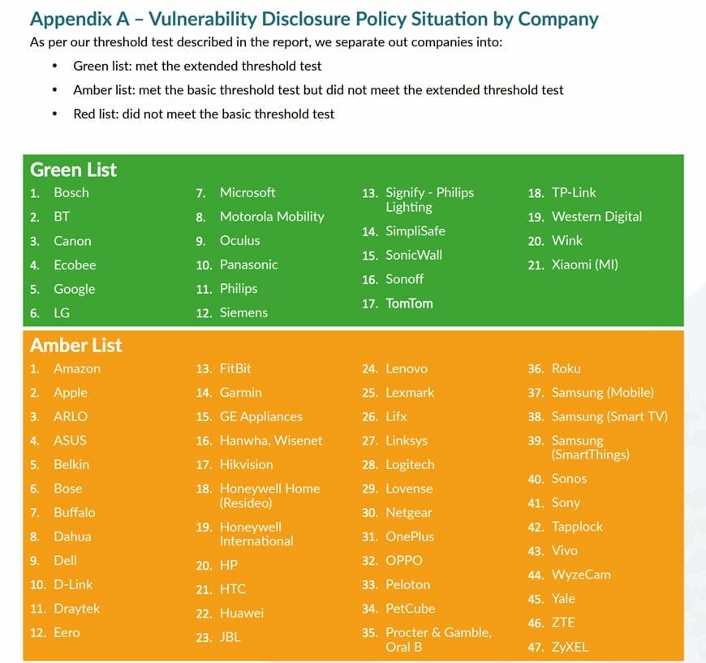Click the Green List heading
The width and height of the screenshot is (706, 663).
coord(73,170)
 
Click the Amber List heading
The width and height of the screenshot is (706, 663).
coord(76,345)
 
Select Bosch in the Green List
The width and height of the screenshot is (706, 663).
coord(71,192)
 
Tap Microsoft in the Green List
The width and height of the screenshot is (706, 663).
coord(248,192)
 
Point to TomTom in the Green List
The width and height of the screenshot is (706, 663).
coord(409,304)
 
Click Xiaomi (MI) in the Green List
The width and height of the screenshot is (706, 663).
coord(584,265)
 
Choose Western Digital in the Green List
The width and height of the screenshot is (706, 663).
coord(596,217)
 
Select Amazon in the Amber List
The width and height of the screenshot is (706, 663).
coord(77,368)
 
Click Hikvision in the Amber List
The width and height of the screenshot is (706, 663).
coord(246,464)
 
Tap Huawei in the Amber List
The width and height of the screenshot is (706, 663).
coord(242,613)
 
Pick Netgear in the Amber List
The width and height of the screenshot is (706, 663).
coord(409,513)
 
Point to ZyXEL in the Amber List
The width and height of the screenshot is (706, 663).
coord(570,647)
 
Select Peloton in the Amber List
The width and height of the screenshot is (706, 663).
coord(408,584)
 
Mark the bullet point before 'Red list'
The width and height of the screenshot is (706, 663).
coord(54,114)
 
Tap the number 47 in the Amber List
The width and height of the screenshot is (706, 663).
coord(536,647)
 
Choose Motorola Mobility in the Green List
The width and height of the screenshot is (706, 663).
coord(272,217)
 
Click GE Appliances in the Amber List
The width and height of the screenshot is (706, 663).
coord(261,416)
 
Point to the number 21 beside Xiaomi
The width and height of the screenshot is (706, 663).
coord(536,265)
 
